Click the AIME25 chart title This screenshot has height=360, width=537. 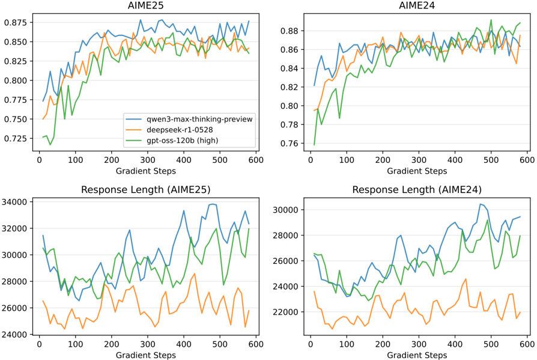point(145,5)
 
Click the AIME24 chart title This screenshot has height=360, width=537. point(417,5)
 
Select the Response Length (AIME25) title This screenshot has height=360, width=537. point(145,189)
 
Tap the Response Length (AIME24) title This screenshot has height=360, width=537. point(417,189)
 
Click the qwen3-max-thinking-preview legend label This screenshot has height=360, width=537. point(199,119)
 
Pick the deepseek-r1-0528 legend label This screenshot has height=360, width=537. point(180,130)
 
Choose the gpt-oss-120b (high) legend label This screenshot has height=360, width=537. point(182,141)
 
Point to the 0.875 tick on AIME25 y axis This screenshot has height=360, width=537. point(16,23)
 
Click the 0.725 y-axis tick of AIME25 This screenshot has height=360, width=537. point(16,138)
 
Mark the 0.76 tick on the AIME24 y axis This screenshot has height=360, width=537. point(290,143)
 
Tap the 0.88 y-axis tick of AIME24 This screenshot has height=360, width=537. point(290,31)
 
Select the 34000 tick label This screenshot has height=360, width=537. point(14,202)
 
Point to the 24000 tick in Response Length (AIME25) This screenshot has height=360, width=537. point(14,334)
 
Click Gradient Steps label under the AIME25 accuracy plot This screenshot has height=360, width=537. point(145,171)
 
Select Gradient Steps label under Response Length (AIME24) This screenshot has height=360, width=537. point(417,355)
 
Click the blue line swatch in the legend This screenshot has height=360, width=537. point(133,119)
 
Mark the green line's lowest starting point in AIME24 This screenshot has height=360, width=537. point(314,145)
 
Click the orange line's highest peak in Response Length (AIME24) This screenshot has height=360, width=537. point(466,279)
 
